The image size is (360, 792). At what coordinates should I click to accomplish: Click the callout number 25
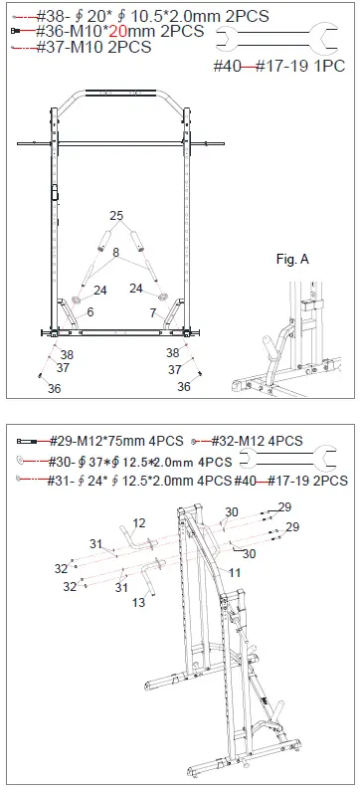[x=116, y=216]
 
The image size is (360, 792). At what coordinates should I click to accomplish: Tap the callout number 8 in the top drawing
[x=116, y=255]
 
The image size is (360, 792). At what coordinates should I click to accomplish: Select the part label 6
[x=90, y=312]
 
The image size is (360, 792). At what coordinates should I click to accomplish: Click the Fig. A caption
[x=291, y=259]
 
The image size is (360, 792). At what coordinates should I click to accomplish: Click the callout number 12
[x=139, y=523]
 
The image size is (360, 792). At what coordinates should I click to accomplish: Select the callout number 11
[x=236, y=573]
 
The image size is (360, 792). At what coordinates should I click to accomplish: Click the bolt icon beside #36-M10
[x=17, y=32]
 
